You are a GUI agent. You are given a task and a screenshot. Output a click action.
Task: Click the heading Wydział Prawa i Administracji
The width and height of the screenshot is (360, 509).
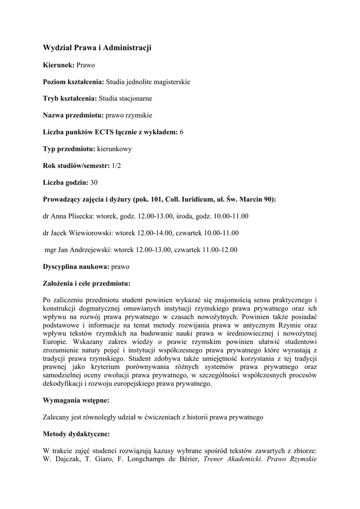(97, 48)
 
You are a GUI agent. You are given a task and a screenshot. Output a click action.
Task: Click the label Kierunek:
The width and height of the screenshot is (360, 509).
(59, 65)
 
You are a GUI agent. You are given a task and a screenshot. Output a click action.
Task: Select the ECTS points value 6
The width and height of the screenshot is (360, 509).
(181, 132)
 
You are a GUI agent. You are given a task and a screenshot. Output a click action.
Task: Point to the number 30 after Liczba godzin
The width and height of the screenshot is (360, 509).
(94, 182)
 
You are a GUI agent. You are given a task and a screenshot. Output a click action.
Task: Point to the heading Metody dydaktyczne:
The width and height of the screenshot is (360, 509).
(77, 434)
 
